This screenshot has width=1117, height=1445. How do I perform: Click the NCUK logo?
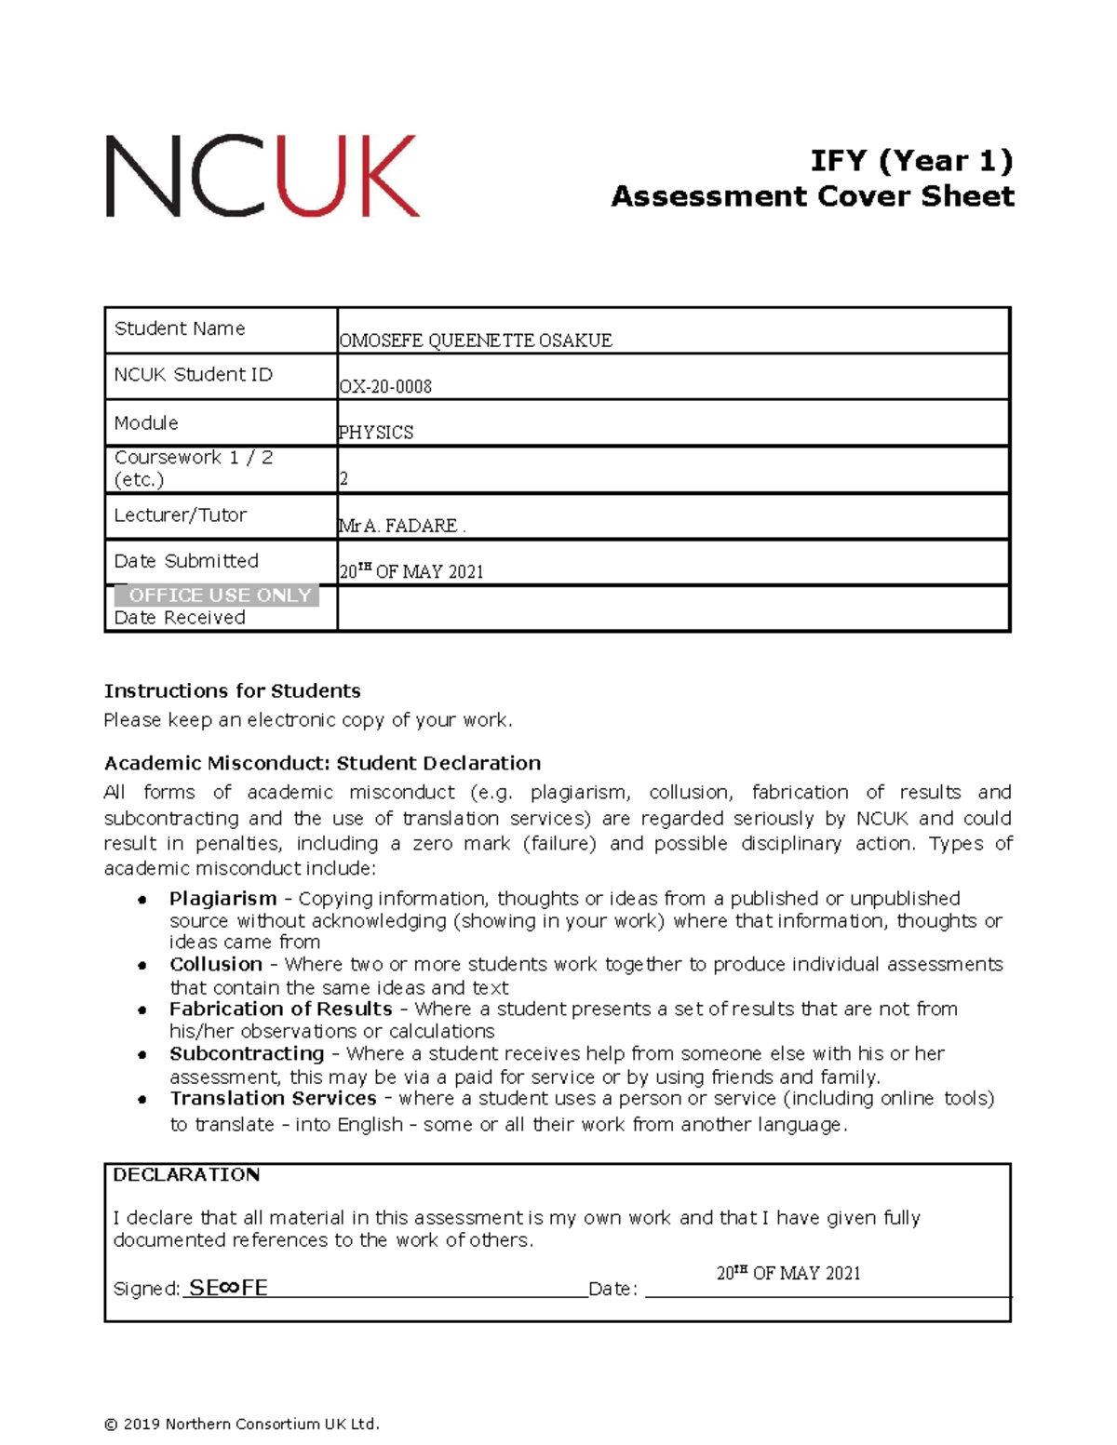pos(262,176)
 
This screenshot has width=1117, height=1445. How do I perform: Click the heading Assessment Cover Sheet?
pos(812,196)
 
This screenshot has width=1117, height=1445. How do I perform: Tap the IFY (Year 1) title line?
pos(910,160)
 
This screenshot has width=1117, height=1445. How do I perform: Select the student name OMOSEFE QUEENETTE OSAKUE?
pos(475,341)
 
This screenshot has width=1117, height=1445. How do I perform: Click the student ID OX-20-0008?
pos(385,386)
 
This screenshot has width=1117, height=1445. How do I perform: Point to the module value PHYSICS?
pos(376,433)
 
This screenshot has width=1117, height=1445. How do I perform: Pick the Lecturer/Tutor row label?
pos(181,515)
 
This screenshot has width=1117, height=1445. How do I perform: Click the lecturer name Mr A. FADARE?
pos(400,526)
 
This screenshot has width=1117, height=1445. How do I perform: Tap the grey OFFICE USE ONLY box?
pos(218,595)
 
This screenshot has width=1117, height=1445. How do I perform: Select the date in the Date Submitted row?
pos(411,571)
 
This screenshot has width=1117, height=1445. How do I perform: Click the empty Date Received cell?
pos(672,609)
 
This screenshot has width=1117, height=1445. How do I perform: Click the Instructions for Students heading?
pos(232,691)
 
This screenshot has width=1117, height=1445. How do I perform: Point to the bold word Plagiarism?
pos(222,899)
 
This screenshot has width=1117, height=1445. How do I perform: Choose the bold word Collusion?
pos(215,964)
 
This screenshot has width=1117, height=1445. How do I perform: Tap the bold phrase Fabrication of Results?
pos(280,1009)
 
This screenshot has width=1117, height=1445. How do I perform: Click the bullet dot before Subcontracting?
pos(141,1055)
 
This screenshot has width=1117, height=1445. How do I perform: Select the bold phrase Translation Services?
pos(273,1098)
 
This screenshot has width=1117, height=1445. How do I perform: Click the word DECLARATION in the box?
pos(186,1175)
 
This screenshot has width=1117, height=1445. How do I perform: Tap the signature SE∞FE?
pos(228,1288)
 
